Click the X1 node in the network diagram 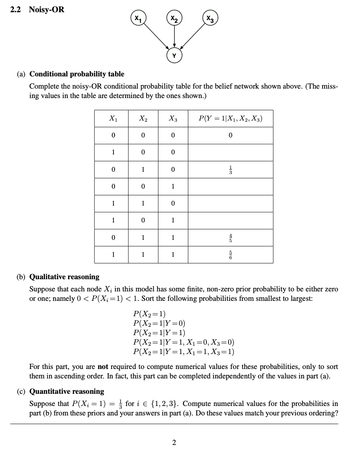click(137, 18)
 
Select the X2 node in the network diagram click(174, 18)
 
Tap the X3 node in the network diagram click(211, 18)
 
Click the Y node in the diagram click(174, 56)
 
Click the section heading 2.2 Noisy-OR click(37, 9)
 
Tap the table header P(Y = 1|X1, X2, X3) click(230, 119)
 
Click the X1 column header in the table click(113, 119)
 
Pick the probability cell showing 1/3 click(230, 169)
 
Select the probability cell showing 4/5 click(230, 237)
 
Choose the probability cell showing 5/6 click(230, 254)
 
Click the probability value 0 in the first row click(230, 135)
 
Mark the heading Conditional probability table click(77, 74)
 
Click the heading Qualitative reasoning click(65, 277)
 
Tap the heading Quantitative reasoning click(67, 391)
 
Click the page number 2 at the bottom click(174, 443)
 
